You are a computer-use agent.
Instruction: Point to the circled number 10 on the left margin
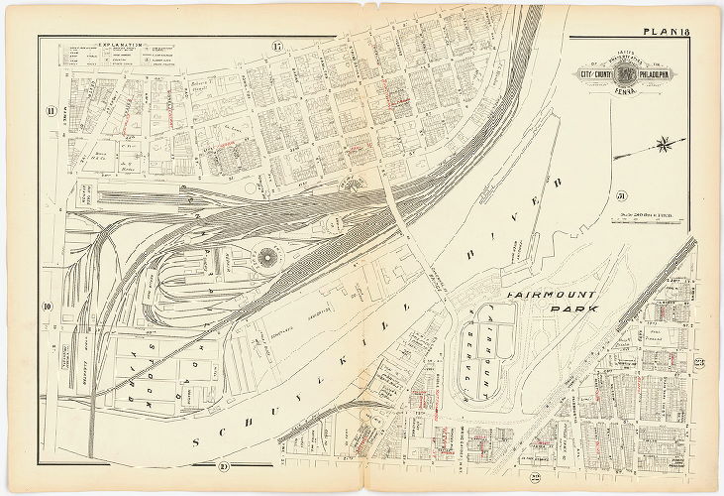(47, 307)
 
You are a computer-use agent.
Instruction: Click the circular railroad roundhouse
(265, 261)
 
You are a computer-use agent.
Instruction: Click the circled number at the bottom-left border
(224, 466)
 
